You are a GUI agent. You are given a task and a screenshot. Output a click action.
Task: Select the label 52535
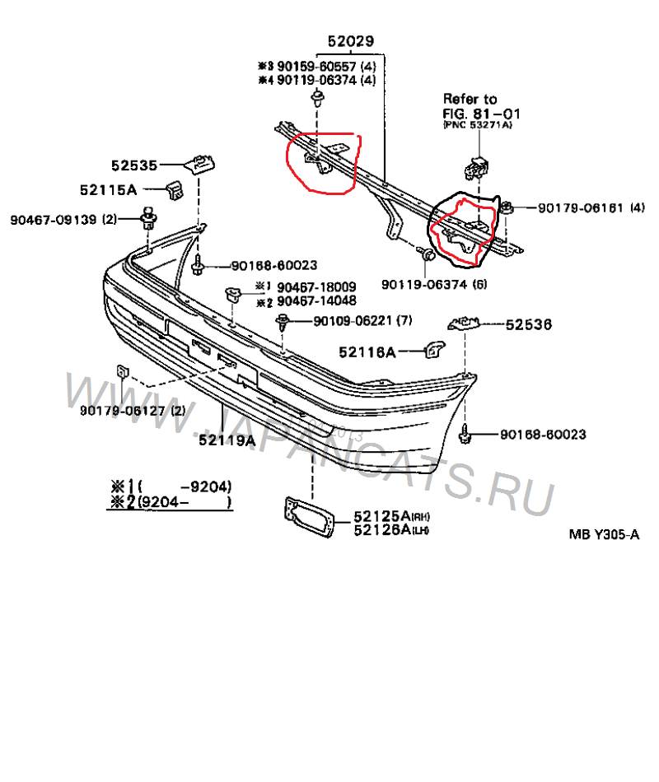tap(135, 164)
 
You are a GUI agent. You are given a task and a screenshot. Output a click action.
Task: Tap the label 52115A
tap(108, 189)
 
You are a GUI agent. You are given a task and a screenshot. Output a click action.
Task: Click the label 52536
tap(528, 325)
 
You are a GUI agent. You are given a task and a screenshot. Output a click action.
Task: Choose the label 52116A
tap(367, 352)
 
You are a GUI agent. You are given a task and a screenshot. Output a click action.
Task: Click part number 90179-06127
tap(123, 411)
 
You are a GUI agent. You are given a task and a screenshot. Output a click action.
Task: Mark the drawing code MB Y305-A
tap(604, 533)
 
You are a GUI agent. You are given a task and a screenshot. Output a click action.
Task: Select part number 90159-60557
tap(314, 66)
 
